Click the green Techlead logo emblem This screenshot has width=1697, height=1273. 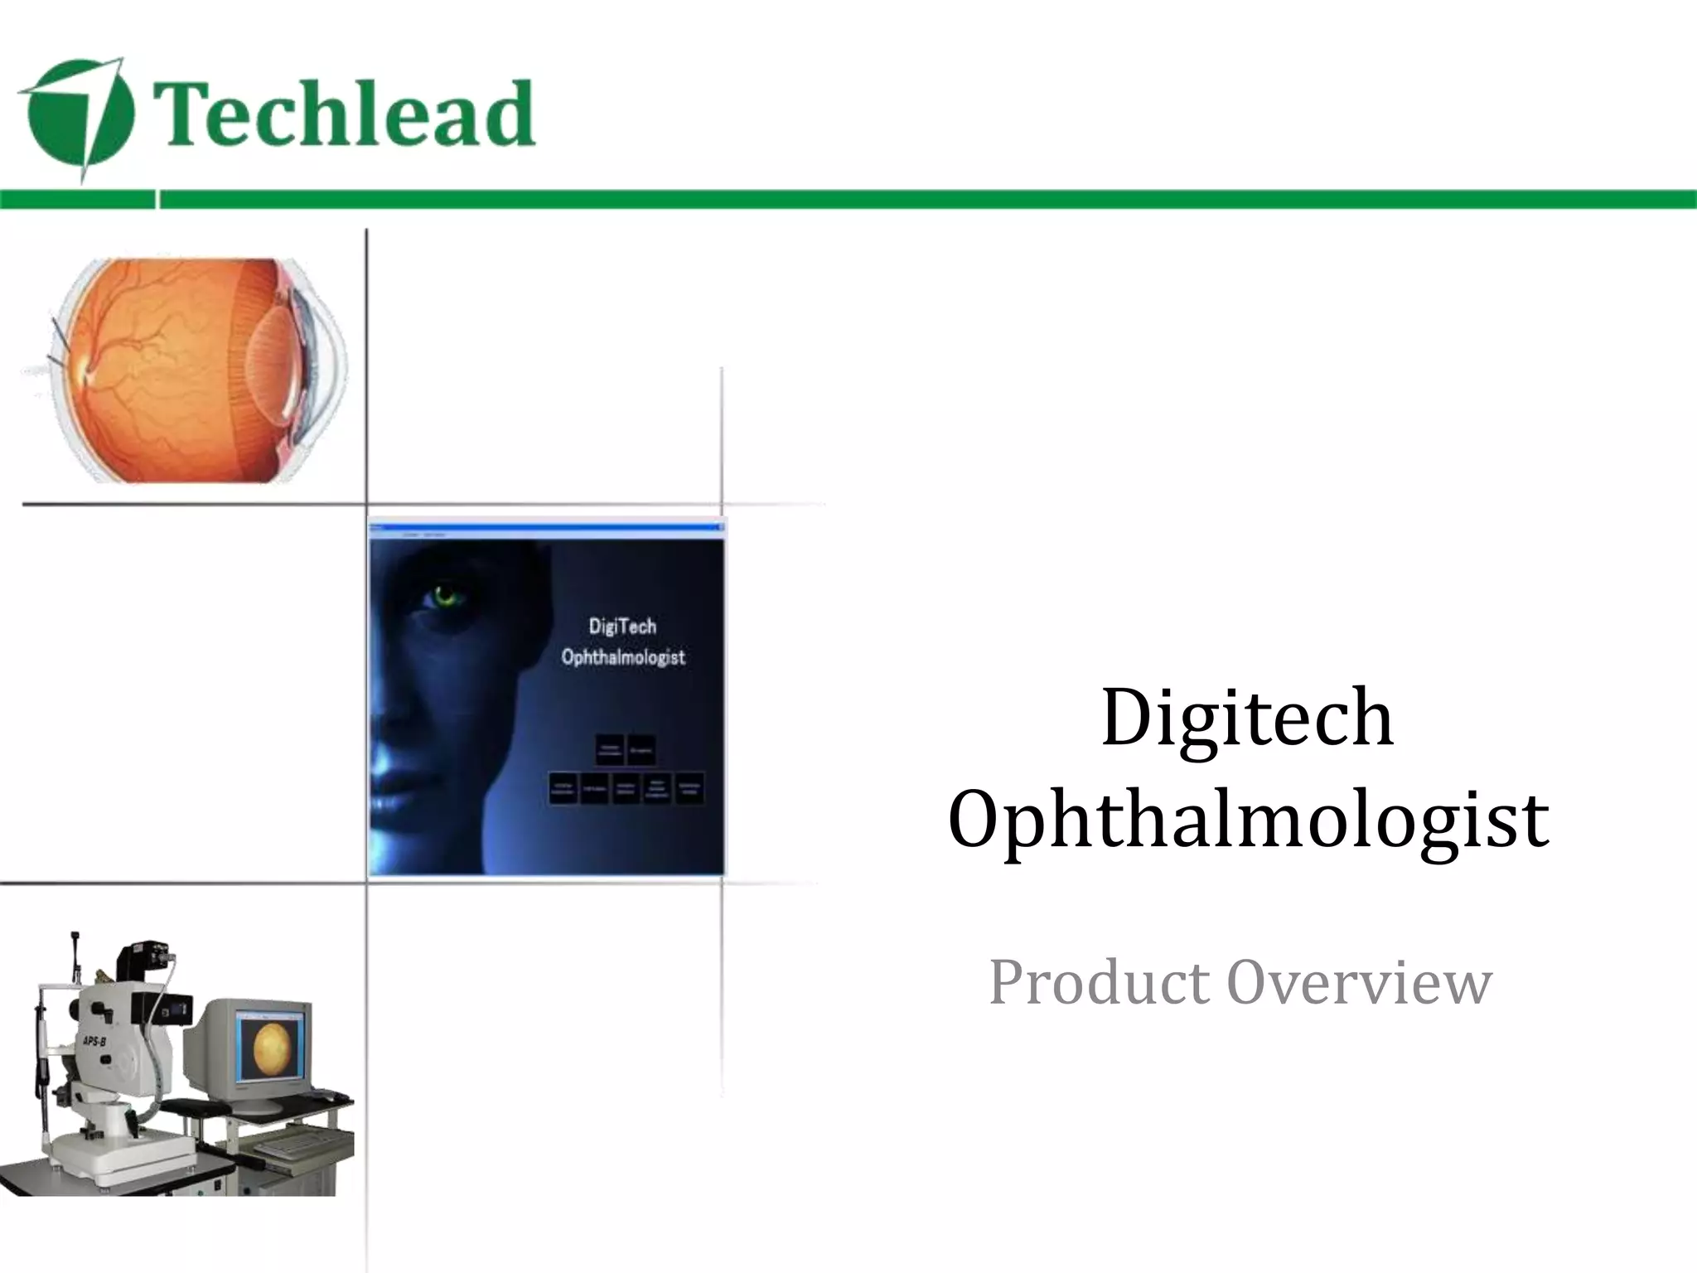[79, 119]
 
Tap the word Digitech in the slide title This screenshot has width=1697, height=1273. [1247, 718]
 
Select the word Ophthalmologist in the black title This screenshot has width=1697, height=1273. [1248, 820]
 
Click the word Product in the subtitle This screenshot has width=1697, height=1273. [1099, 983]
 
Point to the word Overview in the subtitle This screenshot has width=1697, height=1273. [1359, 983]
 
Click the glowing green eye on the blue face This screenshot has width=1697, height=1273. [445, 594]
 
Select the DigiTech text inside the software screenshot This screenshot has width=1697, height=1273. [621, 627]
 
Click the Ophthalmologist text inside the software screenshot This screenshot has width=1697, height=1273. [623, 657]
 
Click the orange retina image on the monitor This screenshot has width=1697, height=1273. [272, 1047]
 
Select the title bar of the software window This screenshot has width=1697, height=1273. [545, 527]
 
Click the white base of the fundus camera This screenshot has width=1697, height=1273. [91, 1160]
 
